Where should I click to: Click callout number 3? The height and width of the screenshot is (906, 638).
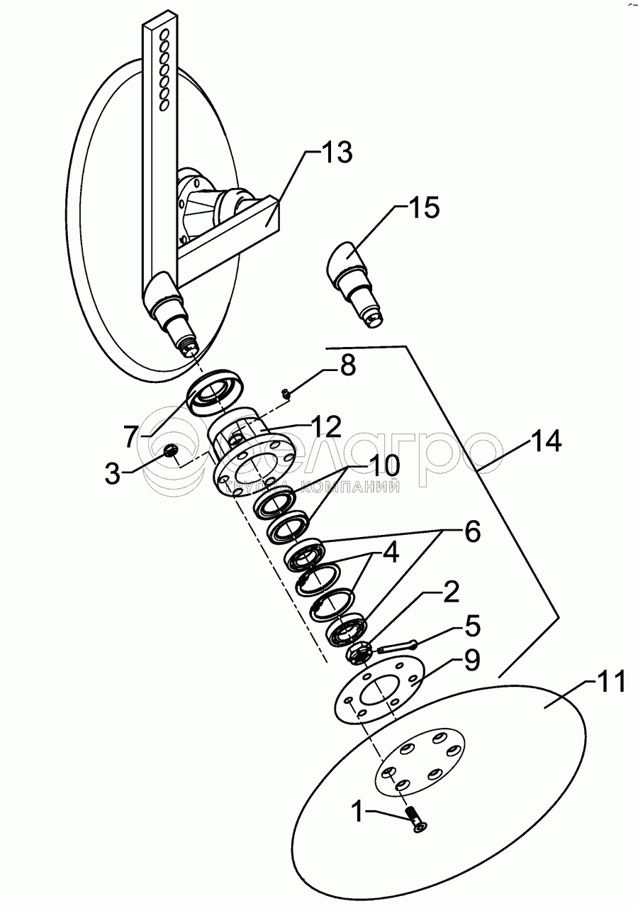[113, 473]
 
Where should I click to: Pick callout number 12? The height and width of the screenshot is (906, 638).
[325, 427]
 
